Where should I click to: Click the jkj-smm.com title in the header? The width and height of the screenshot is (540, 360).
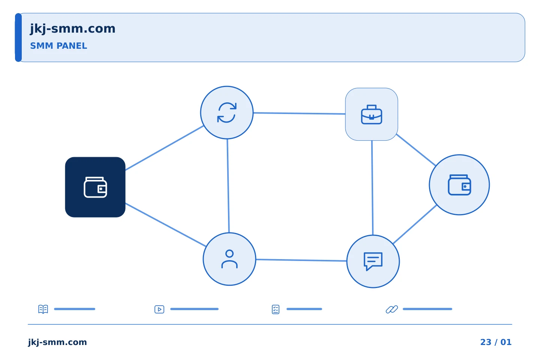click(x=73, y=29)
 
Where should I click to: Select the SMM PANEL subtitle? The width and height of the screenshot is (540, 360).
click(x=58, y=46)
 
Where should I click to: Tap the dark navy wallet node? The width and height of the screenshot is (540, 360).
click(x=95, y=187)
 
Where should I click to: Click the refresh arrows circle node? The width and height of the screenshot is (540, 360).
click(x=227, y=112)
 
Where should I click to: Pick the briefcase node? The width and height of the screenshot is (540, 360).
click(x=372, y=114)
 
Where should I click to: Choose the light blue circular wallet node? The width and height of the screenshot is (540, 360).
click(x=459, y=185)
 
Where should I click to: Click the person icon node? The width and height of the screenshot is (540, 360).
click(x=229, y=259)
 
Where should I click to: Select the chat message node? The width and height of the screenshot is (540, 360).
click(x=373, y=261)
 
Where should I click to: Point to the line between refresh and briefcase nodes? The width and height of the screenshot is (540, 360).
click(x=299, y=113)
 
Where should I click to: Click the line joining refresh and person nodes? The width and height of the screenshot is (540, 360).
click(x=228, y=186)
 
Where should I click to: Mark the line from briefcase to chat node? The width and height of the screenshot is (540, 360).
click(x=372, y=187)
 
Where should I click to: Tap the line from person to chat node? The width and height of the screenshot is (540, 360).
click(x=301, y=260)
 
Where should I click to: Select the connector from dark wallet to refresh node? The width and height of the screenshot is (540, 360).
click(x=164, y=148)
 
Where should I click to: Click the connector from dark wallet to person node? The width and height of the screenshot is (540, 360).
click(x=166, y=225)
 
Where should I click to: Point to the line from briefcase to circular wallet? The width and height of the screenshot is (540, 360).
click(x=416, y=150)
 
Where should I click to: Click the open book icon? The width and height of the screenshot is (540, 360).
click(x=43, y=309)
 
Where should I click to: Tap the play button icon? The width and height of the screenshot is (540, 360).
click(x=159, y=309)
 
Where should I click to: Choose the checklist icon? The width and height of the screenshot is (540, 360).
click(x=276, y=309)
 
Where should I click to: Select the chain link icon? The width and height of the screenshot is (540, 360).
click(x=392, y=309)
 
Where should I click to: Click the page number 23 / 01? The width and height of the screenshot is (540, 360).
click(x=496, y=342)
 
